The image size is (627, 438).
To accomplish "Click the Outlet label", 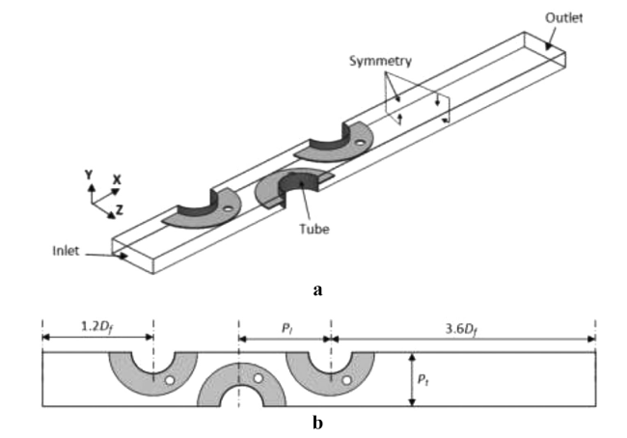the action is (564, 18).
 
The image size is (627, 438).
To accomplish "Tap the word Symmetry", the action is (380, 61).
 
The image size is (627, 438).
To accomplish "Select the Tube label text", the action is (314, 230).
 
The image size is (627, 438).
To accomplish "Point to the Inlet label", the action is (66, 251).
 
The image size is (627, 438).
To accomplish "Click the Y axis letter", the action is (89, 176).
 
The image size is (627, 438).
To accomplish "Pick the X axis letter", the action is (117, 179).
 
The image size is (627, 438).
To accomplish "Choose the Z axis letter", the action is (120, 209).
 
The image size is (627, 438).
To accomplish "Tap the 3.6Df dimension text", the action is (462, 330).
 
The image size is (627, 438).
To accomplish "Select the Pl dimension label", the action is (286, 329).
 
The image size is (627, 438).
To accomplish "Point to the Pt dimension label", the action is (423, 379).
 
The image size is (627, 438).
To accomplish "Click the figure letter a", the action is (317, 290).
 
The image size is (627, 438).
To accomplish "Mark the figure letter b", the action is (317, 423).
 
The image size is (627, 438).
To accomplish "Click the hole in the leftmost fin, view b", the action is (170, 380).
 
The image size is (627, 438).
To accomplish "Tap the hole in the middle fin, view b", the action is (259, 378).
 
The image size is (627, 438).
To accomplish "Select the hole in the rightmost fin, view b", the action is (346, 380).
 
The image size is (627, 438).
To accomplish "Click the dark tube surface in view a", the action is (301, 182).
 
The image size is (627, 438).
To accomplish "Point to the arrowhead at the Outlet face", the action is (548, 47).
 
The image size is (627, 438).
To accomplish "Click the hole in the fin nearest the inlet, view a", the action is (229, 208).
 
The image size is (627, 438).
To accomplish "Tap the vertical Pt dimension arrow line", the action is (412, 379).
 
